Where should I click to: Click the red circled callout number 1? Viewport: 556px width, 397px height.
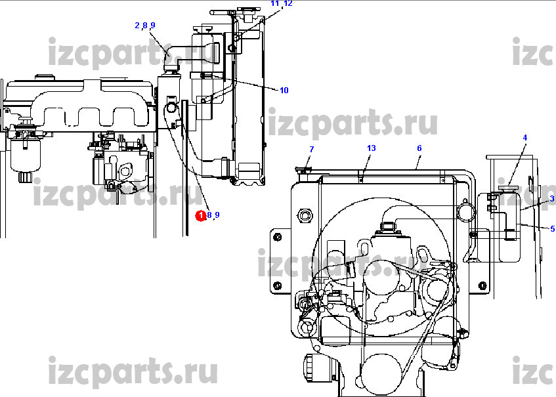pyautogui.click(x=201, y=215)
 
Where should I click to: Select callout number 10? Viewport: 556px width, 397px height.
pyautogui.click(x=284, y=91)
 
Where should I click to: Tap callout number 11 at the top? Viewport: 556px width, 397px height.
pyautogui.click(x=275, y=3)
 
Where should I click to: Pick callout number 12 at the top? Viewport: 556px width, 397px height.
pyautogui.click(x=288, y=3)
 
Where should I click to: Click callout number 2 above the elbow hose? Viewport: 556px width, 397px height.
pyautogui.click(x=137, y=25)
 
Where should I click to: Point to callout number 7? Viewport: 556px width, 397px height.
pyautogui.click(x=312, y=149)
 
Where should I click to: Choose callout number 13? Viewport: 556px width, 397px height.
pyautogui.click(x=372, y=148)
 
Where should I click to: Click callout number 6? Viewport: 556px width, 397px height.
pyautogui.click(x=419, y=148)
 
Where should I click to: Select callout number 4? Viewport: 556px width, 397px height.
pyautogui.click(x=525, y=138)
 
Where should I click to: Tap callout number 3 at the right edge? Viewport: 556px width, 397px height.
pyautogui.click(x=552, y=199)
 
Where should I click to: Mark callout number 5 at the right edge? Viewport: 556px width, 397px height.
pyautogui.click(x=553, y=229)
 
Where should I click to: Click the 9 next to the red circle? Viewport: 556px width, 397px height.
pyautogui.click(x=217, y=215)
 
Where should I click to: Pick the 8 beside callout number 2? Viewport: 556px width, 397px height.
pyautogui.click(x=145, y=25)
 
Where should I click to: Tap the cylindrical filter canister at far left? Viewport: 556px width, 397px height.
pyautogui.click(x=25, y=156)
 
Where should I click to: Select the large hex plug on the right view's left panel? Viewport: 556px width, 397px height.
pyautogui.click(x=305, y=215)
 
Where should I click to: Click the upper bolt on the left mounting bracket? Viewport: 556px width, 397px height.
pyautogui.click(x=278, y=237)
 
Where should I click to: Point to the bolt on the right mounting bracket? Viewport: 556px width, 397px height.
pyautogui.click(x=482, y=285)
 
